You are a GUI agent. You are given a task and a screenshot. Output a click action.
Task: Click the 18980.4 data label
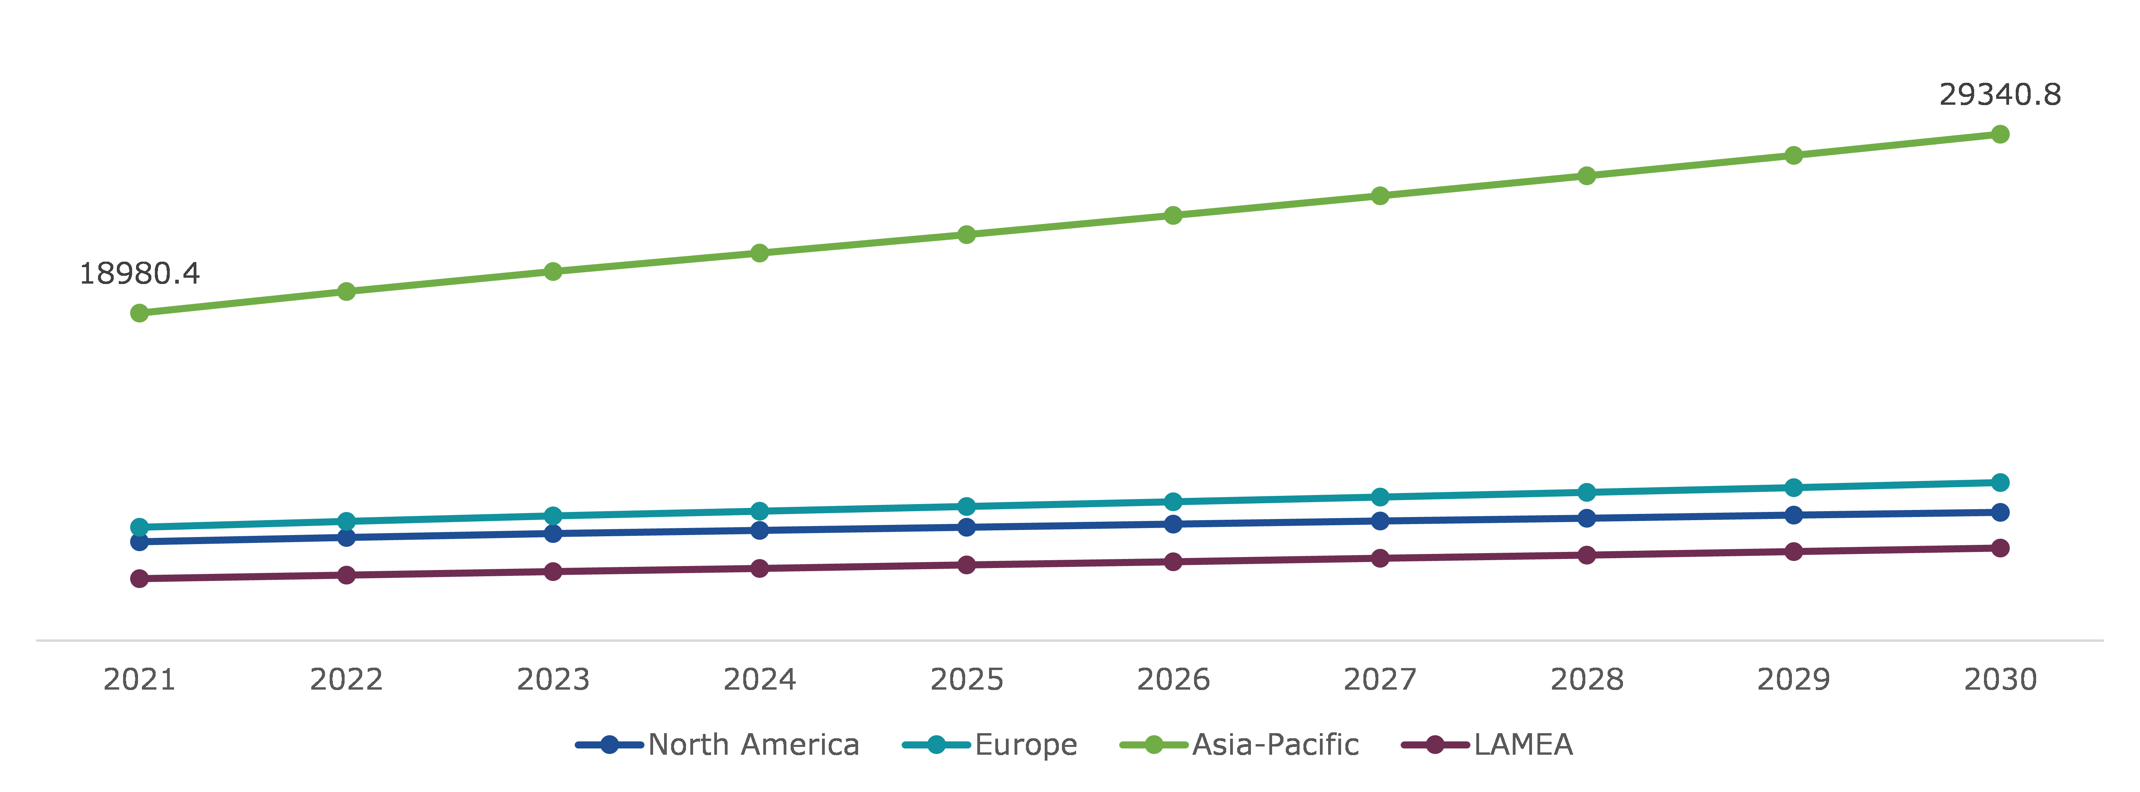pyautogui.click(x=140, y=273)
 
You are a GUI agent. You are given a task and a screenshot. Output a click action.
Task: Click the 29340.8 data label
pyautogui.click(x=2000, y=95)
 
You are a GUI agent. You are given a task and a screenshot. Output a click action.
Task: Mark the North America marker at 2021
pyautogui.click(x=140, y=542)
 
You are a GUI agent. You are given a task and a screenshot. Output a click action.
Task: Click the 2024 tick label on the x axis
pyautogui.click(x=759, y=680)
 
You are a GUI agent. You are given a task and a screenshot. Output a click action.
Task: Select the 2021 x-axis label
pyautogui.click(x=140, y=680)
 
